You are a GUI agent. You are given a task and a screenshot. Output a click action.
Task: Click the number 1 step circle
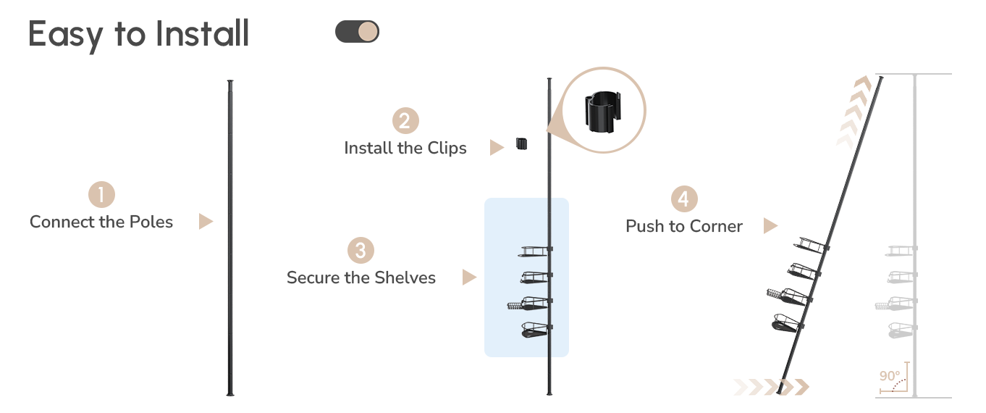[x=102, y=195]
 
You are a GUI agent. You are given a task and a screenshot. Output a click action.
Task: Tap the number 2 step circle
[x=405, y=120]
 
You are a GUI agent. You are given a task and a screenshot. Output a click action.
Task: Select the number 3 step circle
[x=361, y=251]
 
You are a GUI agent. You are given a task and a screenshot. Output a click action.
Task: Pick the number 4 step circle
[x=684, y=199]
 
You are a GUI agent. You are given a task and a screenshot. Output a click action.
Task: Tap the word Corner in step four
[x=716, y=226]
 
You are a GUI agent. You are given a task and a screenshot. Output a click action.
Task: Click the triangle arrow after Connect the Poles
[x=206, y=222]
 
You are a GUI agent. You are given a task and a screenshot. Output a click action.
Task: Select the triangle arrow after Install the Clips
[x=497, y=148]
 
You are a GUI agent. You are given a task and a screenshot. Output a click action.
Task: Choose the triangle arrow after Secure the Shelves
[x=469, y=278]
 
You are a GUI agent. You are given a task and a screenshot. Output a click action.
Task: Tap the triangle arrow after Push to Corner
[x=770, y=226]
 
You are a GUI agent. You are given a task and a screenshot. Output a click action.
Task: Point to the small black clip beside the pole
[x=521, y=143]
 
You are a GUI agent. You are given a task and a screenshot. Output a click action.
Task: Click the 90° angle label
[x=890, y=376]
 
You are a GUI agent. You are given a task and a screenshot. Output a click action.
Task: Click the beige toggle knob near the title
[x=368, y=32]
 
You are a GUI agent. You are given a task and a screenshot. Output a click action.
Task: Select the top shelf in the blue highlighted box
[x=535, y=251]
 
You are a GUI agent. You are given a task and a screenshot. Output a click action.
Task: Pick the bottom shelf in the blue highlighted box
[x=535, y=330]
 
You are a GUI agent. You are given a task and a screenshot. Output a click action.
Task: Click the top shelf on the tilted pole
[x=812, y=244]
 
